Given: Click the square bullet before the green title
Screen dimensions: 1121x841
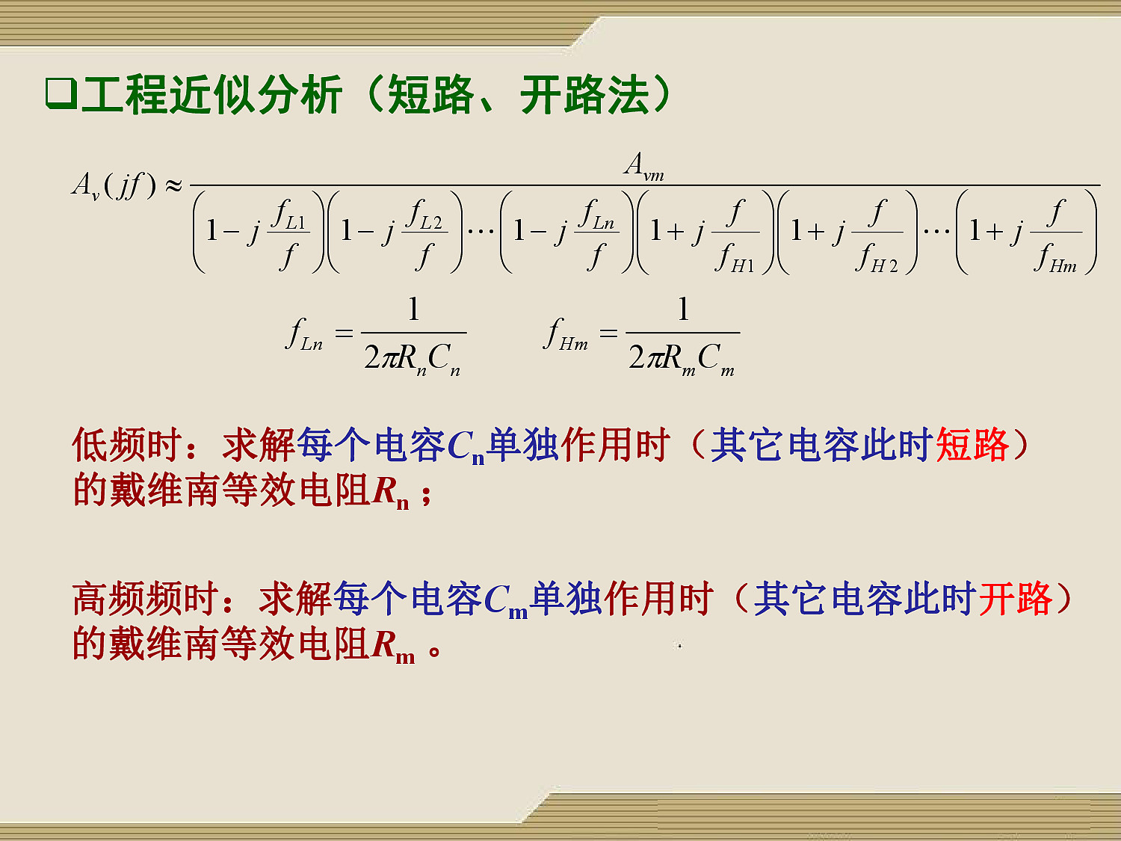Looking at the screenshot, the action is [x=61, y=94].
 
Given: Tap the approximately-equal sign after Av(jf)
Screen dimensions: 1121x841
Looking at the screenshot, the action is [x=173, y=185].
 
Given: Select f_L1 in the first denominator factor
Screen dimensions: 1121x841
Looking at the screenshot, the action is [x=288, y=215].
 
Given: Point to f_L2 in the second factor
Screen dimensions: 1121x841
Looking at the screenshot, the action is [x=424, y=215].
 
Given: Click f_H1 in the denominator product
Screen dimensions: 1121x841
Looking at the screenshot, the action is [x=735, y=258].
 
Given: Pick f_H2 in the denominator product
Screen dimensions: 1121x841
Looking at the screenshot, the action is [x=877, y=258].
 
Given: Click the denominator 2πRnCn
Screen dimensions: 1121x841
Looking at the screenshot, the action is [x=413, y=359].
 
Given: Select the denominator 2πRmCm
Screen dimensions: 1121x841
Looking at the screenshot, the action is [x=682, y=359].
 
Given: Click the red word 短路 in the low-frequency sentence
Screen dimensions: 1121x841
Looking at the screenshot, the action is [x=972, y=445].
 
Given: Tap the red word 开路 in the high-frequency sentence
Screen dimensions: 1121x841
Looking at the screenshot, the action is [x=1016, y=599].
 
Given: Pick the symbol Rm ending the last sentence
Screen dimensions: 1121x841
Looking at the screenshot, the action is [x=393, y=647].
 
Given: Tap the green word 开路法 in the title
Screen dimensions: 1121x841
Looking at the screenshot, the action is [x=585, y=94].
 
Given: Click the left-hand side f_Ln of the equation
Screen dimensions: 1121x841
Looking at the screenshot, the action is [x=304, y=335].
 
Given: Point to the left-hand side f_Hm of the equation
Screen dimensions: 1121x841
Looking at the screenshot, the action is [x=566, y=335].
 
